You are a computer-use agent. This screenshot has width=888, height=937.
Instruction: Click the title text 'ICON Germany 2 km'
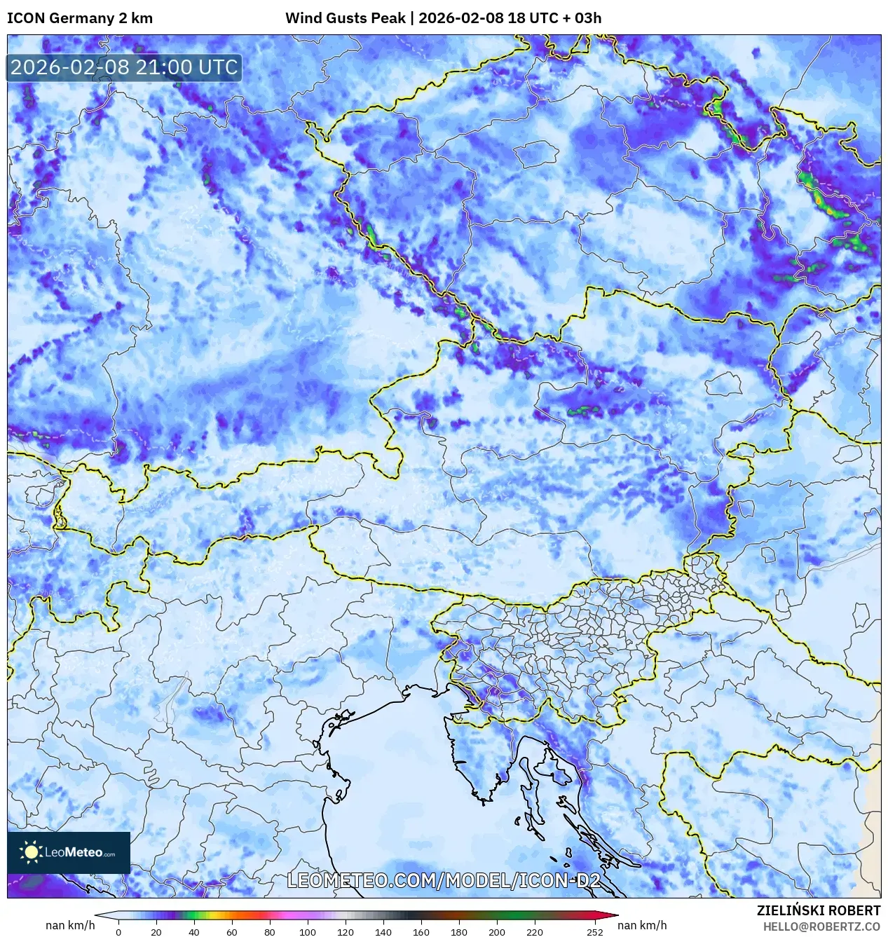click(80, 18)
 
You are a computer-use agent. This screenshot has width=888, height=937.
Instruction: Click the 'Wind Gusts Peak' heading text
click(345, 18)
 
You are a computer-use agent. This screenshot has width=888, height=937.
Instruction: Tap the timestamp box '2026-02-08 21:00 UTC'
click(124, 67)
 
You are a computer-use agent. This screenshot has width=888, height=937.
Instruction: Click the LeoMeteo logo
click(69, 852)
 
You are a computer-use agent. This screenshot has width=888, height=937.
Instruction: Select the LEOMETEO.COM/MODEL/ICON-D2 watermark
click(444, 880)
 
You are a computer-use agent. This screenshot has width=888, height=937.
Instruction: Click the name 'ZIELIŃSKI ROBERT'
click(818, 910)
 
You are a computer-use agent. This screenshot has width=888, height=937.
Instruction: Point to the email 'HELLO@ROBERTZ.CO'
click(821, 926)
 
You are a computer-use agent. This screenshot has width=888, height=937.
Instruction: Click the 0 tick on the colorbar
click(118, 932)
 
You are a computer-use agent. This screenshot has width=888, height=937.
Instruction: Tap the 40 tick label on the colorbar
click(194, 932)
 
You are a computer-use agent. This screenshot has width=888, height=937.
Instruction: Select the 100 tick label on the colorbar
click(308, 932)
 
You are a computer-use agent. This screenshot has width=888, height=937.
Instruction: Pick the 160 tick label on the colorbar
click(421, 932)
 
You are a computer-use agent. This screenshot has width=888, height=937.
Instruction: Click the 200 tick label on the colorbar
click(497, 932)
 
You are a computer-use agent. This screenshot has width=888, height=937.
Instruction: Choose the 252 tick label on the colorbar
click(595, 932)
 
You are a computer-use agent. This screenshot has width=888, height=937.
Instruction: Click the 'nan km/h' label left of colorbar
click(70, 925)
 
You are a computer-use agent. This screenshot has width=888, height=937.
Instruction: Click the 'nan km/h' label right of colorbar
click(642, 925)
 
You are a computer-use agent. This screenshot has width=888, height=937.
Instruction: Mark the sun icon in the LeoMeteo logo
click(31, 852)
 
